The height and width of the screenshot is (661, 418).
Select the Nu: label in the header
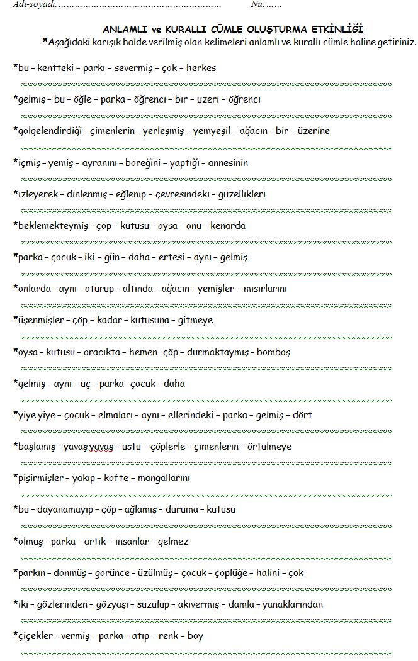258,4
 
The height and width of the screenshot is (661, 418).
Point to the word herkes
201,68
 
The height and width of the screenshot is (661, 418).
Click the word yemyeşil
215,131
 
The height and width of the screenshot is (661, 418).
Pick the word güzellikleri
241,194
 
